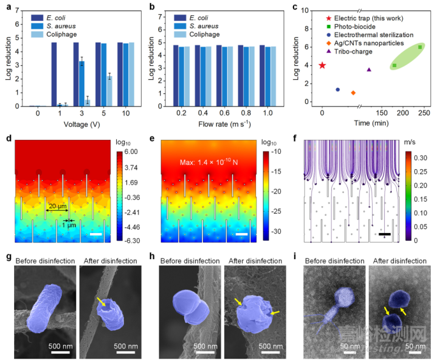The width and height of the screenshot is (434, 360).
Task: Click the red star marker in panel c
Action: [x=322, y=65]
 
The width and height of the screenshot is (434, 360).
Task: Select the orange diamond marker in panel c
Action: [x=353, y=93]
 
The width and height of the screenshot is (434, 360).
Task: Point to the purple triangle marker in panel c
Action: [x=369, y=69]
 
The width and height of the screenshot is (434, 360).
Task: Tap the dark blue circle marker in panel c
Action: [x=338, y=89]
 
